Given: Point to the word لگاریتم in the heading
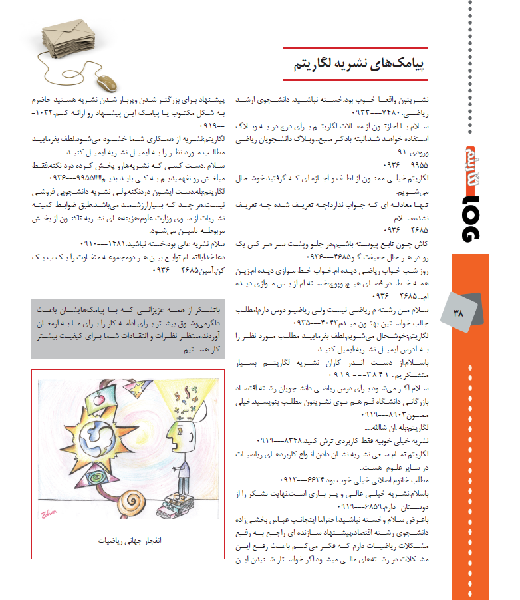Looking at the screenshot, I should click(315, 65).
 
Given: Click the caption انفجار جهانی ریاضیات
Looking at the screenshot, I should click(126, 540).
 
